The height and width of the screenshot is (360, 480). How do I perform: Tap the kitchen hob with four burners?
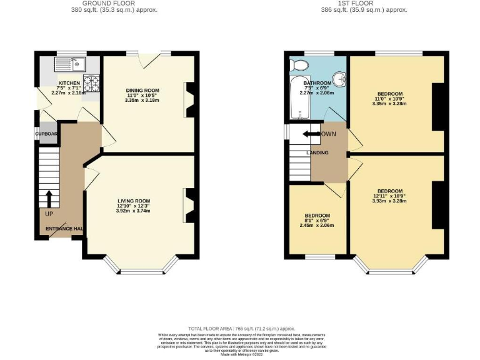point(91,83)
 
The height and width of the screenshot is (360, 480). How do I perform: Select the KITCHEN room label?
point(69,82)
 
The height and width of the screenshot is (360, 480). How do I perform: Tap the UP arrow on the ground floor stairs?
point(48,198)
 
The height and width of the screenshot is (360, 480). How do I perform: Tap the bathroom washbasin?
point(339,79)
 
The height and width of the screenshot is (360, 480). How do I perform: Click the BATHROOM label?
point(317,82)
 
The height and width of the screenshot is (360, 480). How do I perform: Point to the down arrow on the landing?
point(311,134)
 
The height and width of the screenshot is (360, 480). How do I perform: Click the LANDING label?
point(317,152)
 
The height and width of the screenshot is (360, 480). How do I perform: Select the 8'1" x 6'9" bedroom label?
point(317,216)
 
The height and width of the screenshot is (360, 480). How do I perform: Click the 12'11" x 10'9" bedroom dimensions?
point(389,201)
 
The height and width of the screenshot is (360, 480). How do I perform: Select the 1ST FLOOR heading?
point(364,3)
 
